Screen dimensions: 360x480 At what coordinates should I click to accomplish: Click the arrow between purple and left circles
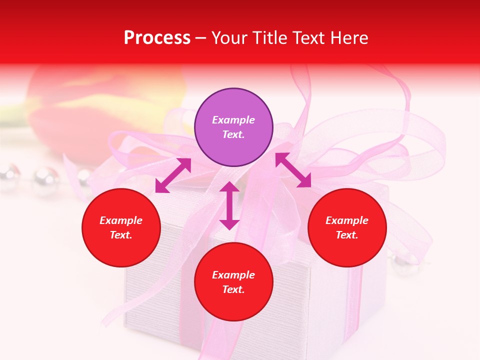(173, 175)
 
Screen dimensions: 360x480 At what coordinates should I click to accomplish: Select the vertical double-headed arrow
(229, 205)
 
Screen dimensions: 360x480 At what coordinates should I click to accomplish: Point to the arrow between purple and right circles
(293, 170)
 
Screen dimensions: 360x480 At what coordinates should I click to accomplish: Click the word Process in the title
(157, 38)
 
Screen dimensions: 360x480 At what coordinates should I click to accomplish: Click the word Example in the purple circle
(233, 120)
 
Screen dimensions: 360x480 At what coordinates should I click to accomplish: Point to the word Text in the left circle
(121, 235)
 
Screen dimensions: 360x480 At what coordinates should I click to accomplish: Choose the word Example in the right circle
(347, 220)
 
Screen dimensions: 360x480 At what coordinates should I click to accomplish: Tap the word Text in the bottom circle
(233, 289)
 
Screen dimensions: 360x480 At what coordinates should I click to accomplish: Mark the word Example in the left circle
(121, 220)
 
